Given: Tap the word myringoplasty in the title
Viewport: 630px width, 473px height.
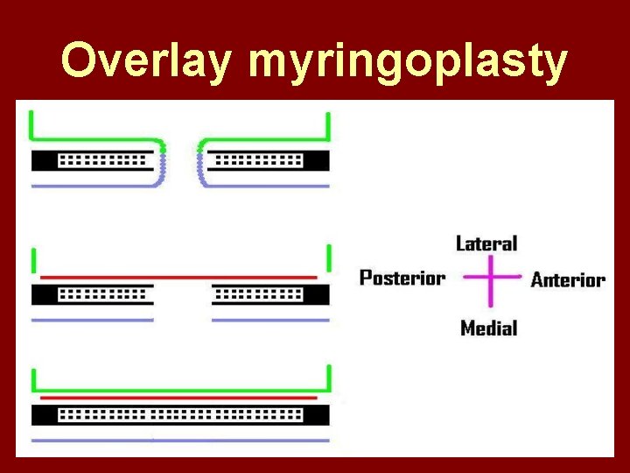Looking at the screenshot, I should [x=408, y=63].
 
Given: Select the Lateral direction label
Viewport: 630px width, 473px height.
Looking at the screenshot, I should [x=487, y=244].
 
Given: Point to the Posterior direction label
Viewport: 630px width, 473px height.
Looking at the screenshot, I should [x=402, y=279].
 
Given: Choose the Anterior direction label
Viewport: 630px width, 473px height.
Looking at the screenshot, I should [x=568, y=280].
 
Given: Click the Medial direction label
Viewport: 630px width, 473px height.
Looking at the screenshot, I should [x=488, y=328].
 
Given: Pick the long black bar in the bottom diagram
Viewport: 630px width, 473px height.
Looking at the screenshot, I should [x=179, y=414].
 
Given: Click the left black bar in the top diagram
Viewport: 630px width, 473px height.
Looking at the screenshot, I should [x=92, y=161].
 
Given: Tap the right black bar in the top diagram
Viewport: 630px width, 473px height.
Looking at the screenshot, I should [x=268, y=161].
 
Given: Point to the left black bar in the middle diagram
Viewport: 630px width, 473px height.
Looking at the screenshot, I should [x=92, y=294].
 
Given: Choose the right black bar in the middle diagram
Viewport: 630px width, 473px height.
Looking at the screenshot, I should [x=270, y=294].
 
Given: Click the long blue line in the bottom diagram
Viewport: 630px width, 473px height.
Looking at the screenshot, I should [x=179, y=440].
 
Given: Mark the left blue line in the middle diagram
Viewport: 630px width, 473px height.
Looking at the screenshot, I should [x=92, y=320].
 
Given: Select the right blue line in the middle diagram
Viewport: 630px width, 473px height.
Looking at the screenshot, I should [x=270, y=320].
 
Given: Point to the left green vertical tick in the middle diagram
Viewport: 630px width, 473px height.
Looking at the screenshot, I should [x=33, y=261].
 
